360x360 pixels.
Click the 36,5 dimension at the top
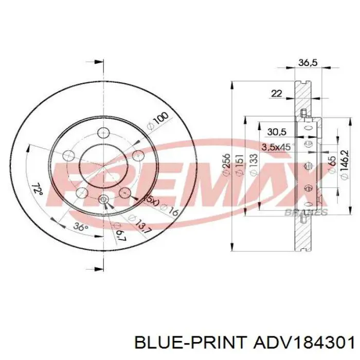coord(308,63)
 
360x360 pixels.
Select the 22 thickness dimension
coord(276,93)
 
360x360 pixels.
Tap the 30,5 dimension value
coord(274,132)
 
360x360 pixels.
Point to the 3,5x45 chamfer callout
coord(276,147)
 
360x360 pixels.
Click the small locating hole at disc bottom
coord(103,200)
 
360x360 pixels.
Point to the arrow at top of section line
coord(95,62)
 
